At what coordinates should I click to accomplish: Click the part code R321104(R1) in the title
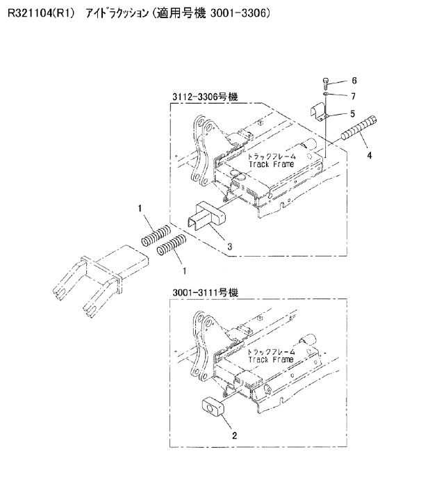[41, 13]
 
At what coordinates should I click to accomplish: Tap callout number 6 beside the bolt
[354, 81]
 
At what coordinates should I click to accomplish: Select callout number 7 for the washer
[353, 97]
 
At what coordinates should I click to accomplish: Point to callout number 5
[353, 114]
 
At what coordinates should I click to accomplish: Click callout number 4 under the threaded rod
[370, 156]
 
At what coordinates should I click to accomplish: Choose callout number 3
[230, 246]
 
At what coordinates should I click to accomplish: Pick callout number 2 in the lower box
[234, 435]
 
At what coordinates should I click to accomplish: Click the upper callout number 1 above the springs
[140, 209]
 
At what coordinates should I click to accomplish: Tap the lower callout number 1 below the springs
[184, 270]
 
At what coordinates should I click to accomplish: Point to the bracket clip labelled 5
[319, 113]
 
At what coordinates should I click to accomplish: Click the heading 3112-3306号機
[205, 97]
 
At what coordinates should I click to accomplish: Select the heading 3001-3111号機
[205, 292]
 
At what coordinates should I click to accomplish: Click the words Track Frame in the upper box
[271, 164]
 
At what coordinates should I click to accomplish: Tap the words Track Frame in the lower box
[271, 359]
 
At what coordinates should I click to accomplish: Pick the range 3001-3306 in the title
[238, 13]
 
